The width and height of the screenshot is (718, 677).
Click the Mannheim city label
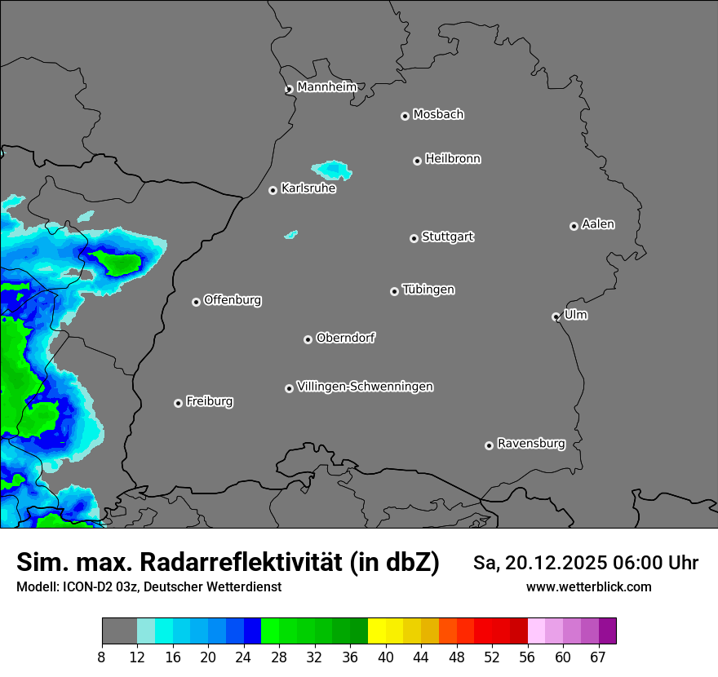[326, 87]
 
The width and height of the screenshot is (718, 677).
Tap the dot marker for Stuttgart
[414, 238]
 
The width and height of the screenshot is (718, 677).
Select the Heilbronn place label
[453, 159]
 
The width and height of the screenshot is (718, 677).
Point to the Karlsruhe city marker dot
[273, 190]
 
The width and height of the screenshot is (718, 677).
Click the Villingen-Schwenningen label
[365, 387]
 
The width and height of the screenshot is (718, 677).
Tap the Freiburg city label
[209, 401]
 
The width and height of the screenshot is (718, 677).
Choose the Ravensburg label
[531, 444]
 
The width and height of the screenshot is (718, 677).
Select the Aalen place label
[598, 224]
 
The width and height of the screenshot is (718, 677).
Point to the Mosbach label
[438, 115]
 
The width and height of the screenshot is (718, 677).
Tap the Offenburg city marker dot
[196, 302]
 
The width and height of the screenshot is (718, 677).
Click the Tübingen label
[428, 290]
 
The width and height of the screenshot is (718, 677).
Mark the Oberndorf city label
[346, 338]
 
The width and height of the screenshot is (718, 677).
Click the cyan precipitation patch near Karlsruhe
[335, 170]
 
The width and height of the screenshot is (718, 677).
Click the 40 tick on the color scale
[385, 657]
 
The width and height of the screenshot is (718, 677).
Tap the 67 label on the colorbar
[598, 657]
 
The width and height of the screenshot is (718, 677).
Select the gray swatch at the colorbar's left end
[119, 631]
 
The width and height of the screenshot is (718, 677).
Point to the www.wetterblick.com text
[588, 586]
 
